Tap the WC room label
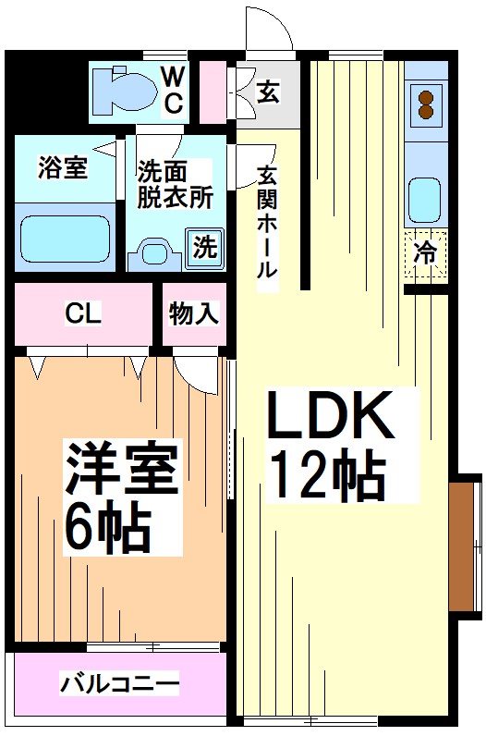[x=174, y=90]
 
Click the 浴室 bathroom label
[x=62, y=169]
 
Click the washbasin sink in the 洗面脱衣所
[x=153, y=251]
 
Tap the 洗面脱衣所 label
[x=175, y=183]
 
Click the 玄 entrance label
[x=268, y=92]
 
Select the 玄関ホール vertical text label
[x=267, y=222]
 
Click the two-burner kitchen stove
[x=426, y=103]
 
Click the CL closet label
[x=82, y=313]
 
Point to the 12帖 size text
[x=326, y=476]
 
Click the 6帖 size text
[x=107, y=527]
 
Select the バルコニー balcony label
[x=119, y=685]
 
